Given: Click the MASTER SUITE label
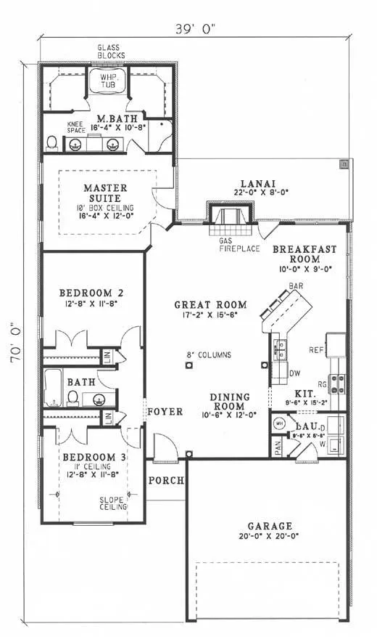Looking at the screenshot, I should tap(105, 192).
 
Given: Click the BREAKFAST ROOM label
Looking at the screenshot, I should tap(304, 254).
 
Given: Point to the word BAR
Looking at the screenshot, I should tap(297, 288).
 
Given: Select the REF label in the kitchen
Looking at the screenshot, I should tap(316, 349).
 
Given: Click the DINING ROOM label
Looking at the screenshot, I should tap(230, 402).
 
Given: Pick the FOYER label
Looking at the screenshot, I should tap(164, 412).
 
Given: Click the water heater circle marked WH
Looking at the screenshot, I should tap(279, 423).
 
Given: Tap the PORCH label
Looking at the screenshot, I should tap(165, 481).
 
